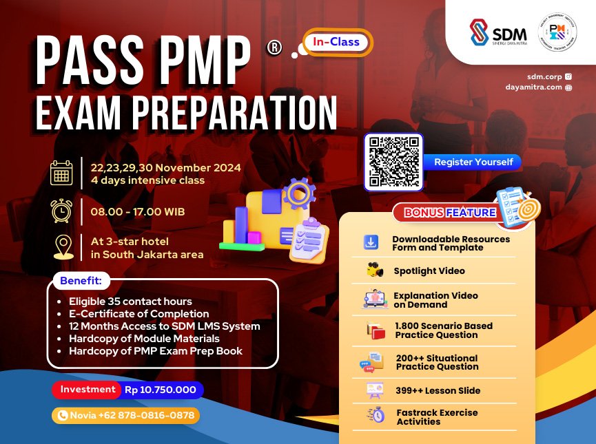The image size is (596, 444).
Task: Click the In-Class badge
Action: point(337,42)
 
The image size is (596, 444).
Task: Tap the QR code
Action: point(394,162)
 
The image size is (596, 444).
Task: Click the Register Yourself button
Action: point(473,162)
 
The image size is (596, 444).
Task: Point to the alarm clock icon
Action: point(61,211)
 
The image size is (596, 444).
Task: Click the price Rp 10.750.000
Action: point(161,390)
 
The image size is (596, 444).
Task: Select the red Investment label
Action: point(88,390)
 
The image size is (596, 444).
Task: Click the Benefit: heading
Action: point(80,282)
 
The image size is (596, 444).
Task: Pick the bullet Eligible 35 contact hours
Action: point(130,302)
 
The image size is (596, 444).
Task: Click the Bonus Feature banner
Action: point(450,213)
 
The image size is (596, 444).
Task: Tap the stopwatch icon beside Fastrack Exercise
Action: point(376,415)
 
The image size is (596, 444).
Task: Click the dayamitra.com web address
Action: point(533,87)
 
